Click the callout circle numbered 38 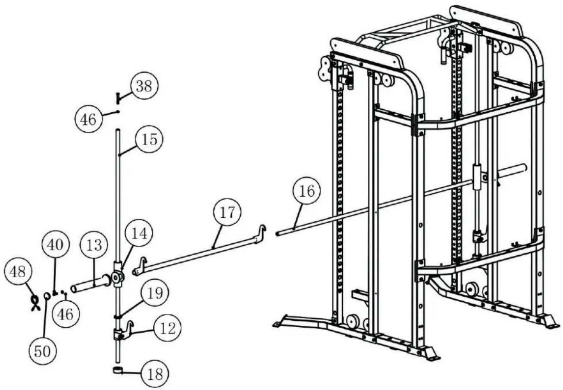[144, 87]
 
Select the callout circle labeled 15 [149, 139]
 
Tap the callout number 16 [307, 191]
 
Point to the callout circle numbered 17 [227, 213]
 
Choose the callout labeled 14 [139, 233]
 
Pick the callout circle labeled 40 [55, 245]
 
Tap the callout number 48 [18, 272]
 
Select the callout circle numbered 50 [42, 351]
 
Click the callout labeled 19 [155, 293]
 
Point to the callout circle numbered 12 [168, 328]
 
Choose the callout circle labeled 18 [155, 374]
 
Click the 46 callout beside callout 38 [89, 119]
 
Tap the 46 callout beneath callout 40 [66, 314]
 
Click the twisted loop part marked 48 [34, 302]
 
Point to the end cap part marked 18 [117, 370]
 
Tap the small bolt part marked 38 [117, 97]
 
